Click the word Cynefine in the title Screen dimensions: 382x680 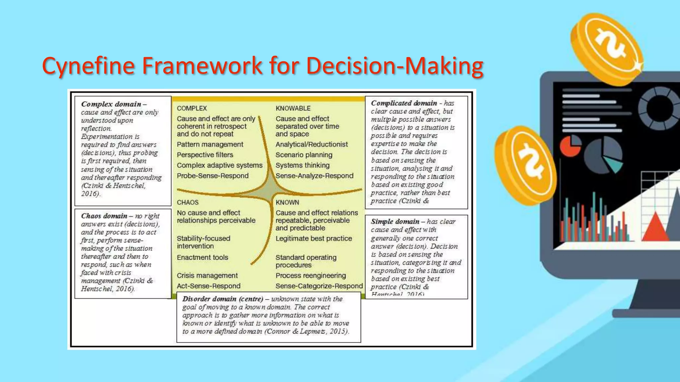click(x=88, y=66)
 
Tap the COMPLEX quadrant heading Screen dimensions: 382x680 click(x=192, y=108)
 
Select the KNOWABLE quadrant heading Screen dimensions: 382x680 click(x=293, y=108)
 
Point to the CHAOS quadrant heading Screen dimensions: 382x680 click(x=188, y=202)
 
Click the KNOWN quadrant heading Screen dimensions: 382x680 click(x=287, y=202)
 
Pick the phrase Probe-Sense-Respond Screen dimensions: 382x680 click(x=212, y=176)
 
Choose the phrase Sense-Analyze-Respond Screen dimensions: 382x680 click(x=314, y=176)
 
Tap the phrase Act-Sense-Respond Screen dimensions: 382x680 click(x=209, y=286)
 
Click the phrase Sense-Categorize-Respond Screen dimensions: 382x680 click(x=319, y=286)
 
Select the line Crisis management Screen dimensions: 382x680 click(x=207, y=276)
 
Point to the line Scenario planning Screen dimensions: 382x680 click(x=303, y=155)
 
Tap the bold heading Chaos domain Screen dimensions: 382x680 click(x=104, y=216)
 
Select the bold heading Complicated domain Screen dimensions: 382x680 click(x=404, y=103)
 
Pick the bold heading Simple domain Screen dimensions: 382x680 click(x=395, y=222)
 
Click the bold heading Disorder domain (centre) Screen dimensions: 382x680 click(x=222, y=299)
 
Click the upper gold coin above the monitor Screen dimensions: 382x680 click(x=607, y=48)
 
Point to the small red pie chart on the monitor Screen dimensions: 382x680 click(x=570, y=146)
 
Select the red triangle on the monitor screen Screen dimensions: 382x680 click(x=655, y=227)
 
